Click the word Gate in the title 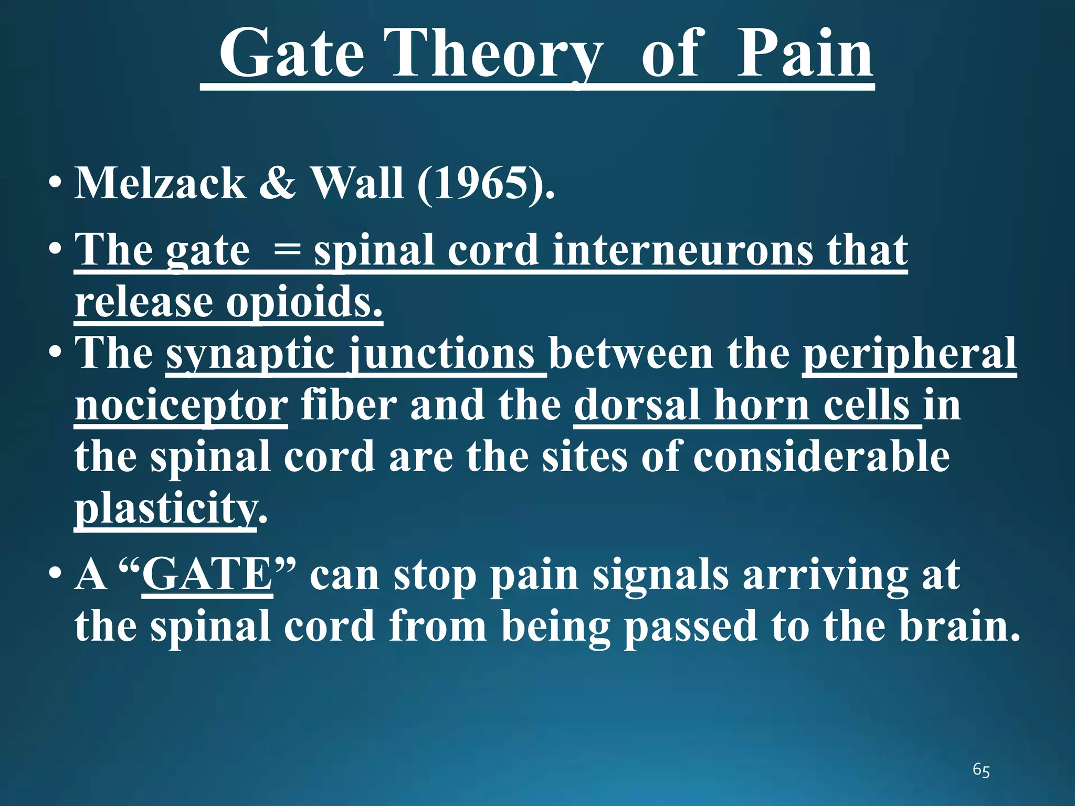(292, 54)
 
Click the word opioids (304, 303)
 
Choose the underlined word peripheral (910, 354)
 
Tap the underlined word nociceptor (181, 406)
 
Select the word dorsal (637, 405)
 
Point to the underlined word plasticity (166, 509)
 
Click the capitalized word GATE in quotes (207, 575)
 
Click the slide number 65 (981, 770)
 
